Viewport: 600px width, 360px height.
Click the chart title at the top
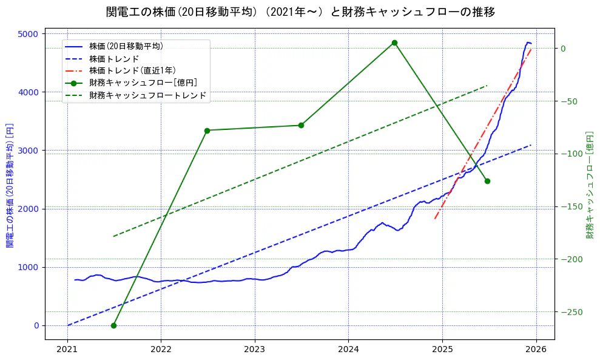(x=300, y=12)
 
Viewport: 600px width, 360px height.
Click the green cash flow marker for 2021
(x=113, y=325)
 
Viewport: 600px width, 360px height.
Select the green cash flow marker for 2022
(x=207, y=131)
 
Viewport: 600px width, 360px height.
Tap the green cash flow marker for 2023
(x=301, y=125)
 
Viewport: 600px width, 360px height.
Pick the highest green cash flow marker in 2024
(x=394, y=42)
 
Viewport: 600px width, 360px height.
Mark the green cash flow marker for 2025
(x=487, y=181)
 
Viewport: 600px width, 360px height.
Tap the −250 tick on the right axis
(x=570, y=312)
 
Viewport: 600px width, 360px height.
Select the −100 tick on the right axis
(x=570, y=154)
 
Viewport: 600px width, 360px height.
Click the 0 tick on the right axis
(x=563, y=49)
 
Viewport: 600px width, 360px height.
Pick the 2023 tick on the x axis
(x=255, y=350)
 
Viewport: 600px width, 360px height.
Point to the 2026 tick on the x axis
(x=536, y=350)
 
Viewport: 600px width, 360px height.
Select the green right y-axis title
(x=590, y=185)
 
